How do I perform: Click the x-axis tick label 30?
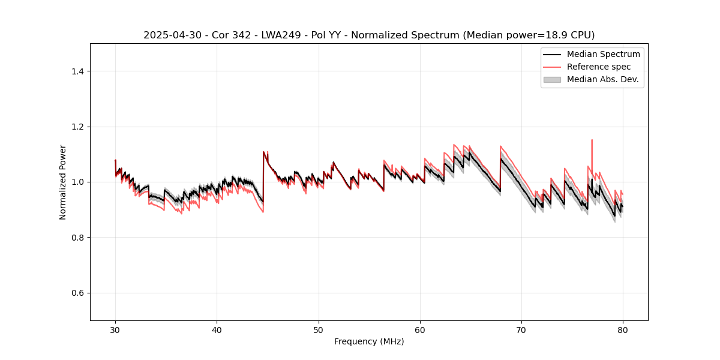(115, 329)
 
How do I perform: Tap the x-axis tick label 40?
(217, 329)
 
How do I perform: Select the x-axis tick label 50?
(318, 329)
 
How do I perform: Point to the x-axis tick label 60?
(420, 329)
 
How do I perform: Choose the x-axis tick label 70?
(521, 329)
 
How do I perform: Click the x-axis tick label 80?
(623, 329)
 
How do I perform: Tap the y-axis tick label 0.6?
(78, 293)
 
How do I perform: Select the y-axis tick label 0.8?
(78, 238)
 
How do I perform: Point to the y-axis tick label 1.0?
(78, 182)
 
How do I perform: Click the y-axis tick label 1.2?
(78, 127)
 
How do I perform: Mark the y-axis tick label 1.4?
(78, 71)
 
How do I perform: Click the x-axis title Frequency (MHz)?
(369, 341)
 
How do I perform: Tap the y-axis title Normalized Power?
(63, 182)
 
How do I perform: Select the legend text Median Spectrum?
(603, 54)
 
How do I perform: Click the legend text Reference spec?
(599, 67)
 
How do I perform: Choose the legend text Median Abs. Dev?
(602, 79)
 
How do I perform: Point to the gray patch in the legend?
(552, 79)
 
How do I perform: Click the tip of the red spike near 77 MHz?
(592, 140)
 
